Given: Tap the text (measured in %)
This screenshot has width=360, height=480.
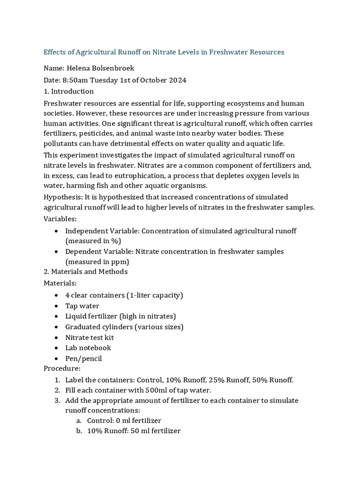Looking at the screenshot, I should pos(93,241).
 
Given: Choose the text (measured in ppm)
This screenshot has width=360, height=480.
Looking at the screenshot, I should pos(97,262).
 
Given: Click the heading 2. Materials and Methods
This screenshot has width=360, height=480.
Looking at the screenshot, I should pos(85,271).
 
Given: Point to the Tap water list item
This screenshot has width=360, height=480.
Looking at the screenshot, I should pos(82,306).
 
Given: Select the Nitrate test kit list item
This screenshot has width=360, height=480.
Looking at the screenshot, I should pos(89,337).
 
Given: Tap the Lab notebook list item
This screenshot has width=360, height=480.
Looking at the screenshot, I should pos(88,348).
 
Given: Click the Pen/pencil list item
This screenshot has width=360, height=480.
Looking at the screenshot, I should pos(83,359).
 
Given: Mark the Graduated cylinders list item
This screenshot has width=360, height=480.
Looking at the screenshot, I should pos(124,327).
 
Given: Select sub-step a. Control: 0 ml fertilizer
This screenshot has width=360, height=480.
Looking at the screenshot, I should pos(124,420).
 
